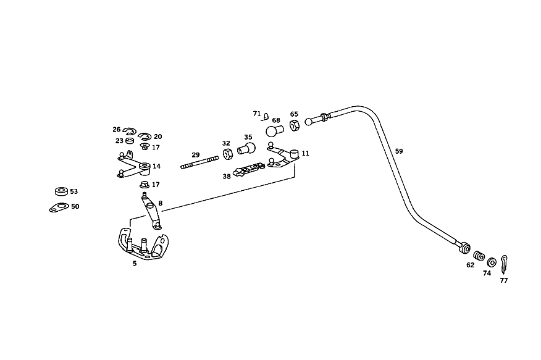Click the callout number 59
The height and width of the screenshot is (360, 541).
(399, 151)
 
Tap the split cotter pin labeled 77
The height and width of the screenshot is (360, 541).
(504, 264)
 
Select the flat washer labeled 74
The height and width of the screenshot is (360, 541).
(492, 262)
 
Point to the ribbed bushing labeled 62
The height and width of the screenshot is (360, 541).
(479, 256)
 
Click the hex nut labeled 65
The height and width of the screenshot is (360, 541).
(294, 125)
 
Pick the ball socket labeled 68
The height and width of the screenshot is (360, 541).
(274, 131)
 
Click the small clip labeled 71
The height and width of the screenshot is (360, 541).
(265, 117)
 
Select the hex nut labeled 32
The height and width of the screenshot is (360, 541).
(227, 154)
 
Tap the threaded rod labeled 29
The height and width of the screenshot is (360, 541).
(199, 162)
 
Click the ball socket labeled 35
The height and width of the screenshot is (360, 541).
(246, 149)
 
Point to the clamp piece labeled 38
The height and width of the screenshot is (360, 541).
(249, 169)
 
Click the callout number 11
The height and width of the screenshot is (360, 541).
(305, 154)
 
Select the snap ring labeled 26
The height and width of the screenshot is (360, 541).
(130, 131)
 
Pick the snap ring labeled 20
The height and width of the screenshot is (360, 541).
(145, 136)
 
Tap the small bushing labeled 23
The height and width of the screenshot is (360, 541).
(130, 141)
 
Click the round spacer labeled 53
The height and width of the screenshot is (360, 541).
(61, 191)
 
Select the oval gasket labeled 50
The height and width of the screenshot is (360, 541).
(59, 207)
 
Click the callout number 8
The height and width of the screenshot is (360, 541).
(161, 203)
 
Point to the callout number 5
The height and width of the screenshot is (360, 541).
(135, 264)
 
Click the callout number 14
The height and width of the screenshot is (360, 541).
(157, 166)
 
